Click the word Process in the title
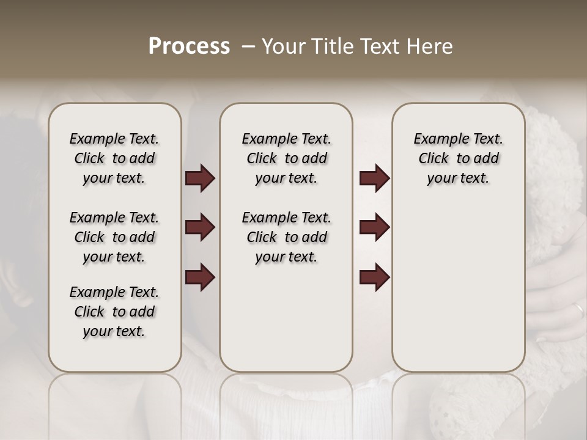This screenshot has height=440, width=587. pyautogui.click(x=189, y=46)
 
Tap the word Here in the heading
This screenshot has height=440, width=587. pyautogui.click(x=430, y=46)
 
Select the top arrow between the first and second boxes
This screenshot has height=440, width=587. pyautogui.click(x=200, y=178)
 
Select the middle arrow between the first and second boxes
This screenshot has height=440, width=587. pyautogui.click(x=200, y=227)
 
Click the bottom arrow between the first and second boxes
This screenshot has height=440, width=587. pyautogui.click(x=200, y=277)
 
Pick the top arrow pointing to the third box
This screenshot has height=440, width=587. pyautogui.click(x=374, y=178)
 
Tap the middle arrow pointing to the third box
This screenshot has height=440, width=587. pyautogui.click(x=374, y=227)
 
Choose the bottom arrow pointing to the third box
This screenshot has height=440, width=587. pyautogui.click(x=374, y=277)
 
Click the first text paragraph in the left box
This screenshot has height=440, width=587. pyautogui.click(x=114, y=158)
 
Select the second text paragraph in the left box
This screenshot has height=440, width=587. pyautogui.click(x=114, y=237)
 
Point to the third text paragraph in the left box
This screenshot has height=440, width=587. pyautogui.click(x=114, y=312)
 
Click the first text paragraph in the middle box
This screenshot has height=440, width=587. pyautogui.click(x=286, y=158)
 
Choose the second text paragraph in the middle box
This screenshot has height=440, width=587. pyautogui.click(x=286, y=237)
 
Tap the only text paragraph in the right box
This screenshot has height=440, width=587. pyautogui.click(x=458, y=158)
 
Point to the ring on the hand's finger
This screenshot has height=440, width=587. pyautogui.click(x=578, y=310)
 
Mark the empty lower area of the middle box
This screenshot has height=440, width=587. pyautogui.click(x=286, y=324)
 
